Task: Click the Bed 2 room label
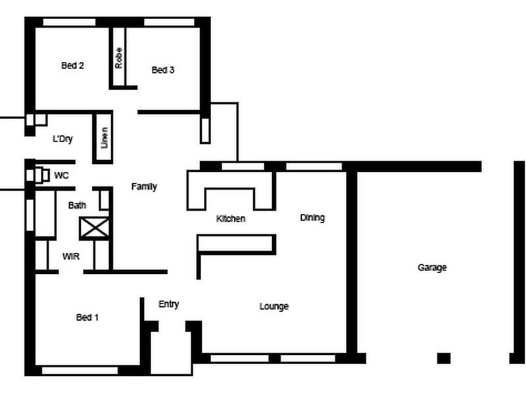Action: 72,65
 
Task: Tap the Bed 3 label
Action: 162,70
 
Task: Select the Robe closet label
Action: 119,57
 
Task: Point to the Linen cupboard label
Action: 103,138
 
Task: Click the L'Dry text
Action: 62,139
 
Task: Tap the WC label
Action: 61,176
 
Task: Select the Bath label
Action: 77,205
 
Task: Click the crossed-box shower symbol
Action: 94,228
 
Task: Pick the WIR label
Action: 71,256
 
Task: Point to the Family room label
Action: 144,186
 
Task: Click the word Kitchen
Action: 231,219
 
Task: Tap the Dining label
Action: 312,217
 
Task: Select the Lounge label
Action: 274,306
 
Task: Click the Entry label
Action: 169,304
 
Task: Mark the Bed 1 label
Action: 87,317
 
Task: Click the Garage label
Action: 432,267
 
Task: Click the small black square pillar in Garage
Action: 444,358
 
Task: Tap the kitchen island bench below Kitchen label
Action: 237,244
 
